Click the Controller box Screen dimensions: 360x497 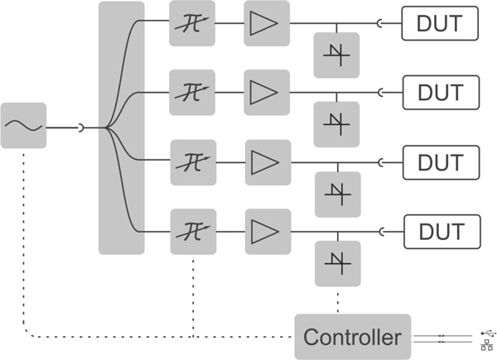tap(353, 337)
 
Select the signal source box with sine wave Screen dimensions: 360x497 tap(23, 126)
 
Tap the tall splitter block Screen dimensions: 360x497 tap(121, 127)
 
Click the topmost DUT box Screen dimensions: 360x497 tap(440, 23)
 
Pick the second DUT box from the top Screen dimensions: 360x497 tap(440, 91)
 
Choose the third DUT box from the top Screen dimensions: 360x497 tap(440, 161)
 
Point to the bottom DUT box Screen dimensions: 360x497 tap(440, 229)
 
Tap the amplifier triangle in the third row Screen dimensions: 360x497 tap(268, 161)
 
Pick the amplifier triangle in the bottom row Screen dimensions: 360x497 tap(268, 229)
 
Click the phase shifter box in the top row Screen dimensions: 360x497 tap(191, 23)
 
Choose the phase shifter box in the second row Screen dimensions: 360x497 tap(191, 91)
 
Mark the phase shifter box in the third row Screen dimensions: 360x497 tap(193, 161)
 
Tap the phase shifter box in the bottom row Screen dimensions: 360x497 tap(193, 229)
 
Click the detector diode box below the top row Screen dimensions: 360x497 tap(336, 55)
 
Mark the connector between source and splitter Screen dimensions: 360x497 tap(80, 127)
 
